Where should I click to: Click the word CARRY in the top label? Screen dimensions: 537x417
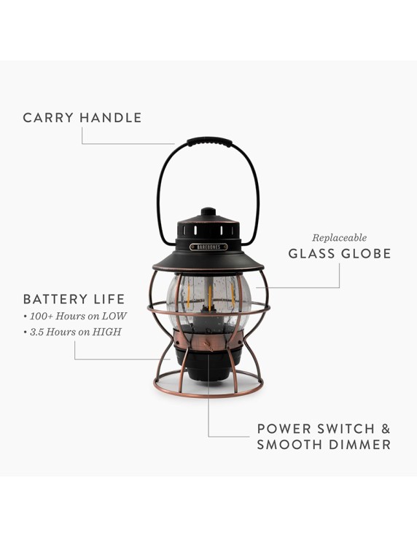[48, 118]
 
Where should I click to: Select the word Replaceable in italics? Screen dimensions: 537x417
[339, 238]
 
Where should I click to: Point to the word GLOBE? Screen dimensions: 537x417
[366, 254]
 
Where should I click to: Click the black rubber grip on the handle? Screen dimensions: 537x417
[208, 143]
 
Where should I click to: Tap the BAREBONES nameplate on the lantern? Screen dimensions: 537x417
[208, 247]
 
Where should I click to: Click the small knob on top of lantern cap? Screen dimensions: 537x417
[208, 212]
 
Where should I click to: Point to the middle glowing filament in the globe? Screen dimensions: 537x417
[209, 297]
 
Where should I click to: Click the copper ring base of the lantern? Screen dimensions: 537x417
[208, 393]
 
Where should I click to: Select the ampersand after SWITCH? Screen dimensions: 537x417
[386, 428]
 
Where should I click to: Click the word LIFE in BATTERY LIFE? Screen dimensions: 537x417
[111, 299]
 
